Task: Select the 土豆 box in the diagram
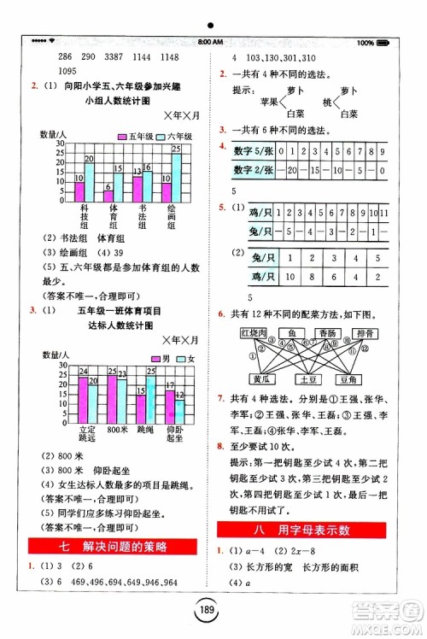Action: [x=306, y=379]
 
